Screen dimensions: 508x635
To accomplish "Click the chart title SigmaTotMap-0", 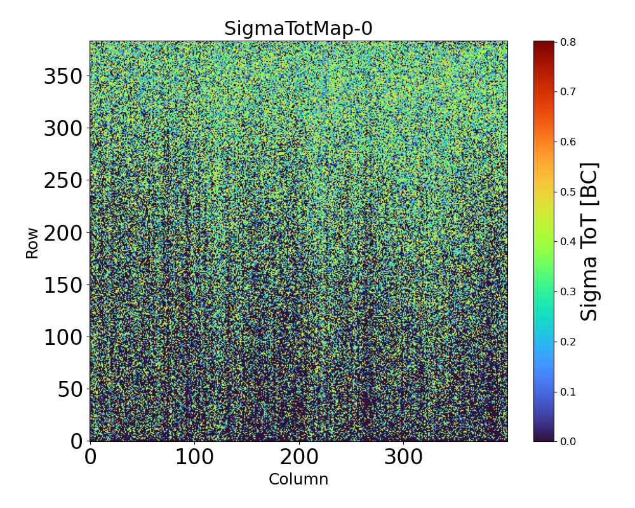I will pyautogui.click(x=298, y=29).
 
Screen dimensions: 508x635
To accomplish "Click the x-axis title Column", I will pyautogui.click(x=298, y=479).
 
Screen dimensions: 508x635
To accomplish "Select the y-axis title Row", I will pyautogui.click(x=32, y=243).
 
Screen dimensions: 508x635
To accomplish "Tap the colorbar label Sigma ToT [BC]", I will pyautogui.click(x=590, y=241).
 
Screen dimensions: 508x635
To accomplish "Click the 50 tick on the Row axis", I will pyautogui.click(x=70, y=389).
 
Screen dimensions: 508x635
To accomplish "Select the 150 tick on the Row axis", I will pyautogui.click(x=63, y=284).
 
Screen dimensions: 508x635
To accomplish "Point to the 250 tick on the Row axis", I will pyautogui.click(x=63, y=180).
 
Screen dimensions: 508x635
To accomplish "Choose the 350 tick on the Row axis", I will pyautogui.click(x=63, y=76).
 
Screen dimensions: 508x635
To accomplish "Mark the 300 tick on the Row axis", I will pyautogui.click(x=63, y=128).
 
